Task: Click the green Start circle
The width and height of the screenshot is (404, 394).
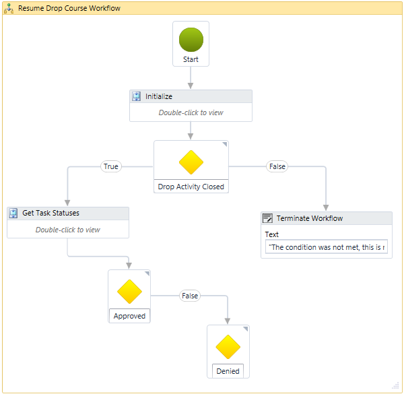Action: [191, 39]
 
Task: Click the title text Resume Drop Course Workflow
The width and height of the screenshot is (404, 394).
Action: [69, 9]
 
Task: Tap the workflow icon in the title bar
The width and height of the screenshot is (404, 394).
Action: [9, 9]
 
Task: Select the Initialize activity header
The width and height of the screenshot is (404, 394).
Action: [191, 96]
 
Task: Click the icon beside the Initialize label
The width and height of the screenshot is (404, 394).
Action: [137, 96]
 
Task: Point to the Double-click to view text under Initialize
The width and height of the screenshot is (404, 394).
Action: [191, 112]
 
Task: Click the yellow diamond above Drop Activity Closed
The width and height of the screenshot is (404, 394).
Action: [191, 162]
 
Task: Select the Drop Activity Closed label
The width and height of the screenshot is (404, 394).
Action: [191, 187]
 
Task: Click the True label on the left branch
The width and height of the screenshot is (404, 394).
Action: [111, 166]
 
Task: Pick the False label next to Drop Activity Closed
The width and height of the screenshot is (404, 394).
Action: [277, 166]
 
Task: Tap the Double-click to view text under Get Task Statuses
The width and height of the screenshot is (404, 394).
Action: [68, 230]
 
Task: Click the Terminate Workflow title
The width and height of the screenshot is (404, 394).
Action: [309, 218]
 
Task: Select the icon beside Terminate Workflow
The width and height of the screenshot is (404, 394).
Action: [267, 218]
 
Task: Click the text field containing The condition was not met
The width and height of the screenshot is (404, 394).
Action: [327, 247]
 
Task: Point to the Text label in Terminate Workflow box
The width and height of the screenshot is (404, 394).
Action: [272, 234]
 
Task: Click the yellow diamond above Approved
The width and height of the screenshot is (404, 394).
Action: [129, 292]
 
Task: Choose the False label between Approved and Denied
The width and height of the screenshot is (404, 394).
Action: [190, 296]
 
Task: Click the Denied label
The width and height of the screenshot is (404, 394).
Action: [228, 371]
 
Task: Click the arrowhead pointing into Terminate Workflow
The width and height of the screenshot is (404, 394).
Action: [326, 207]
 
